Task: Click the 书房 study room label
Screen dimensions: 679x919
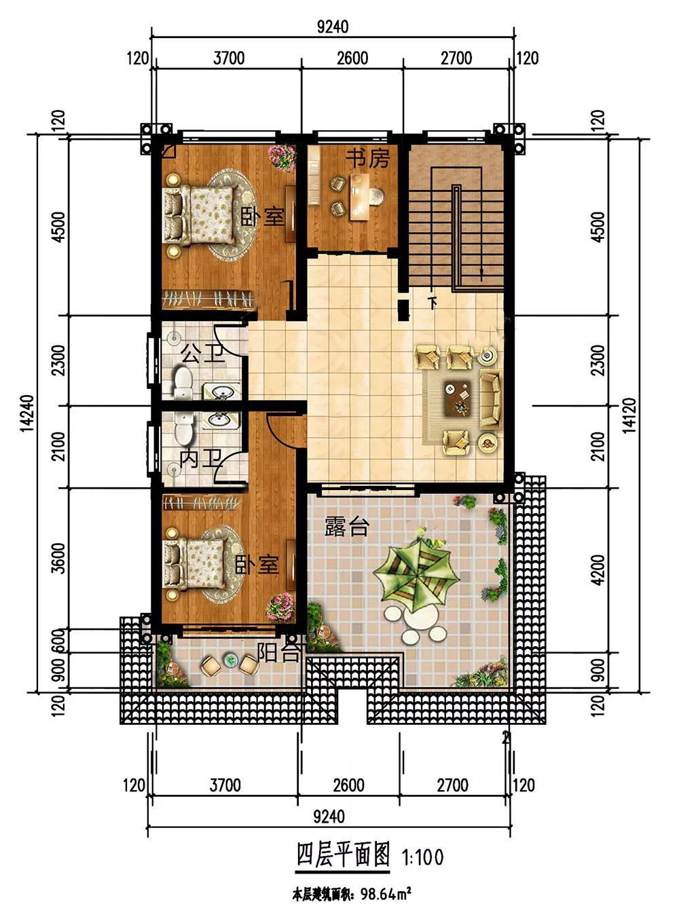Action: coord(368,158)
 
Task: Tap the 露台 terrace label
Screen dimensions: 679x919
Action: coord(346,526)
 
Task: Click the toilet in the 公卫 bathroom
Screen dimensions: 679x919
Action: coord(183,381)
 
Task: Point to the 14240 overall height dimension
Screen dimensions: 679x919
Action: coord(27,413)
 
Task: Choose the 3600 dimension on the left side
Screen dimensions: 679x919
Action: coord(59,558)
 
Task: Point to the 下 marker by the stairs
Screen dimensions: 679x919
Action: coord(433,303)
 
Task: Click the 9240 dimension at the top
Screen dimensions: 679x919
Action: coord(333,27)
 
